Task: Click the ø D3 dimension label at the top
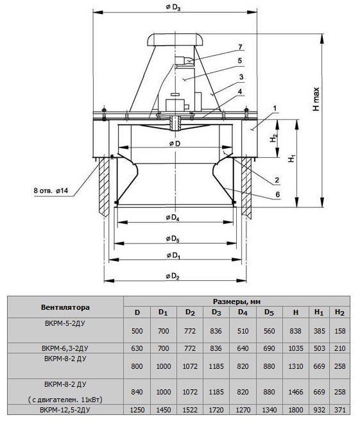[x=173, y=7]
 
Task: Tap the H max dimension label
[x=316, y=99]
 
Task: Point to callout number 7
[x=240, y=47]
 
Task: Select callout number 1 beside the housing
[x=275, y=108]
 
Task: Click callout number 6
[x=278, y=194]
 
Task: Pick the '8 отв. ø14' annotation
[x=51, y=191]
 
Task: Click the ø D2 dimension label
[x=173, y=276]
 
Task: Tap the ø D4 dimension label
[x=173, y=217]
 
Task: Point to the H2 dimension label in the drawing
[x=274, y=138]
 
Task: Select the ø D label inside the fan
[x=175, y=144]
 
